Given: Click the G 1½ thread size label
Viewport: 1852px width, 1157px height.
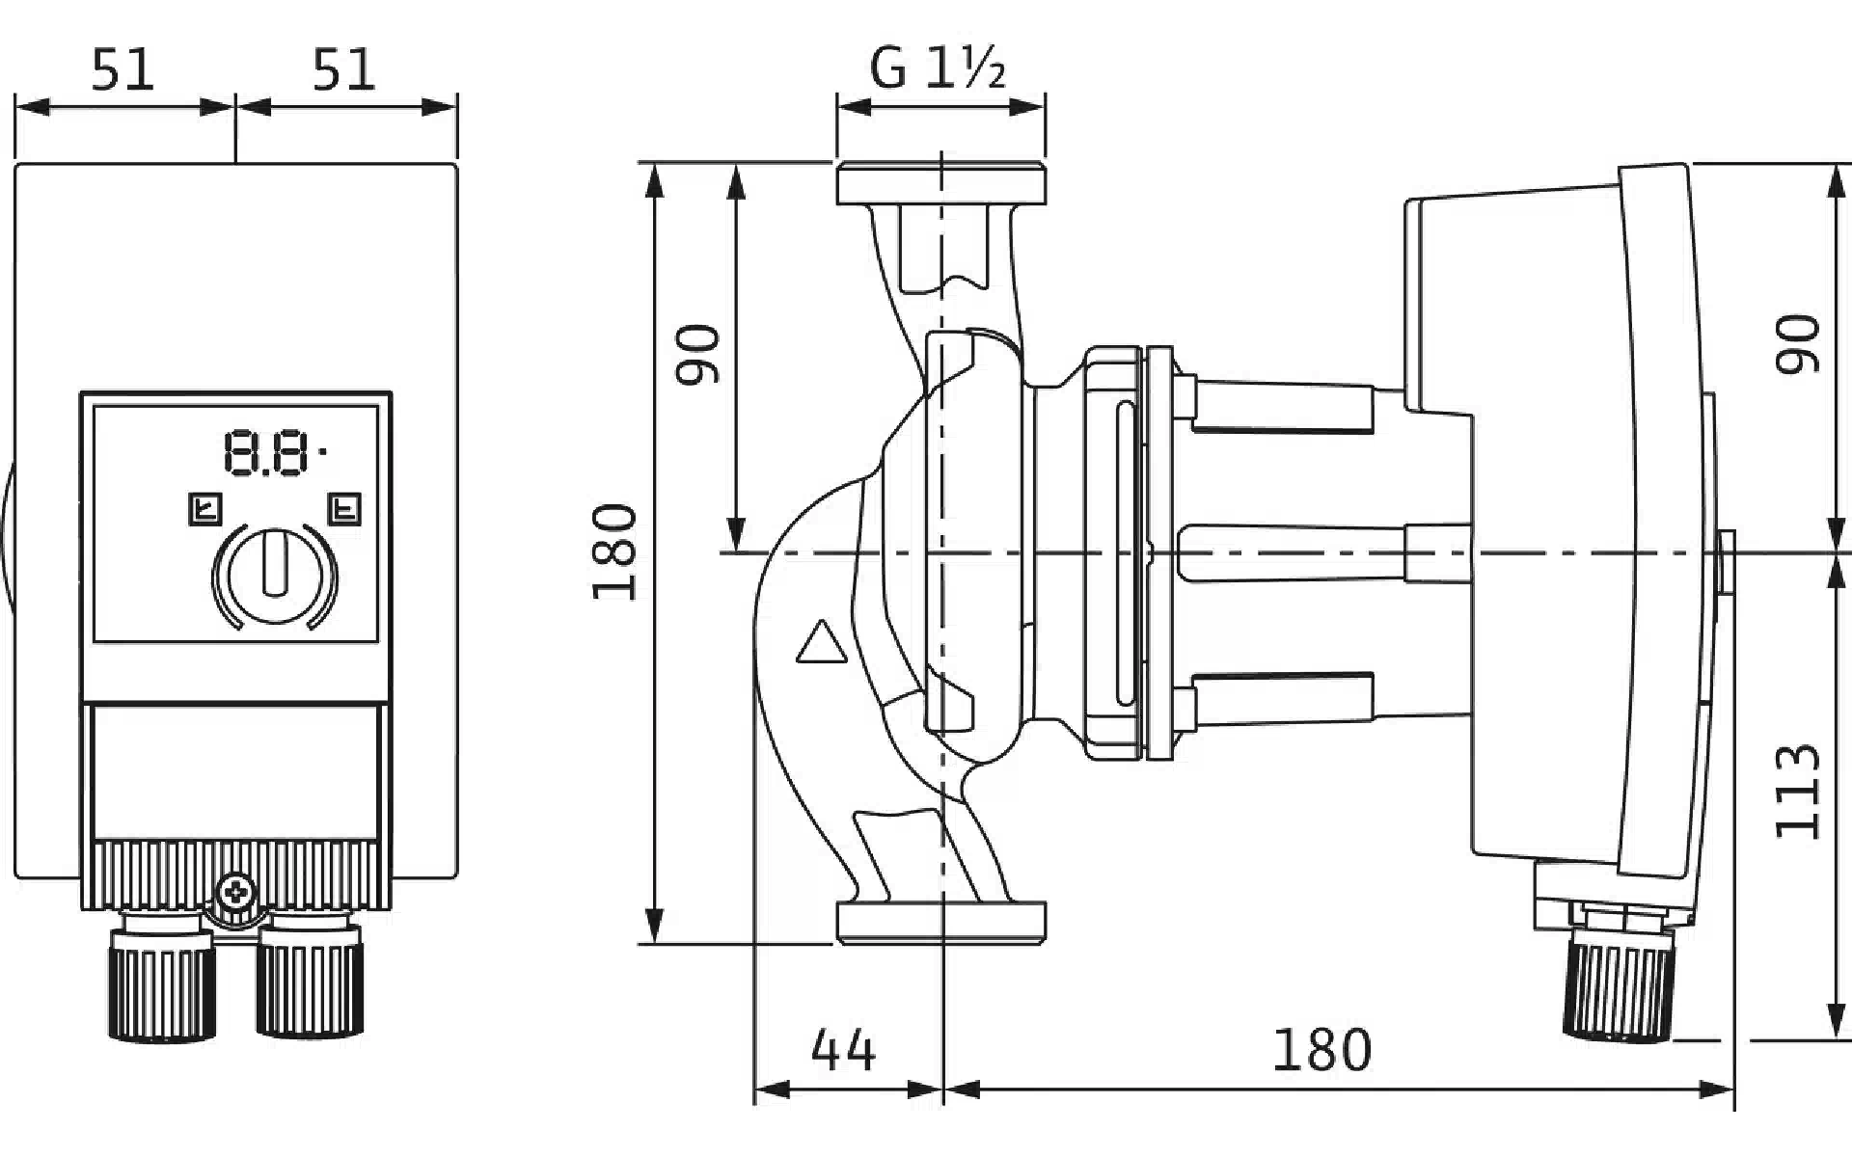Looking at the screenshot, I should (938, 68).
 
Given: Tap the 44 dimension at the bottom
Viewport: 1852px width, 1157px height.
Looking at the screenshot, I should (843, 1050).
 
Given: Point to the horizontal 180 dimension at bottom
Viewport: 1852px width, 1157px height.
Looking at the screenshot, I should (1321, 1050).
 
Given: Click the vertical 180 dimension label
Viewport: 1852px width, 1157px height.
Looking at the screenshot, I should (614, 552).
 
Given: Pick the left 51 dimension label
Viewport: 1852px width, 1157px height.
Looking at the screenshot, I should (123, 70).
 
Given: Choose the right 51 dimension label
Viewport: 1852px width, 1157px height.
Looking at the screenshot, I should (343, 70).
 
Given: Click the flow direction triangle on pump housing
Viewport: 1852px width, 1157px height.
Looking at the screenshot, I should (821, 643).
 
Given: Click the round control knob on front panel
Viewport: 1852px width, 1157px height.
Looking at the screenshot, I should (275, 576).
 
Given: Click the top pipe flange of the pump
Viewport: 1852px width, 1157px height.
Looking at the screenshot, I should (940, 184).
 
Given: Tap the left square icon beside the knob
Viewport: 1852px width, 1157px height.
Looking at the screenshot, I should (205, 508).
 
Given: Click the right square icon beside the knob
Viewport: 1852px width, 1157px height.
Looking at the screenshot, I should (344, 508).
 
